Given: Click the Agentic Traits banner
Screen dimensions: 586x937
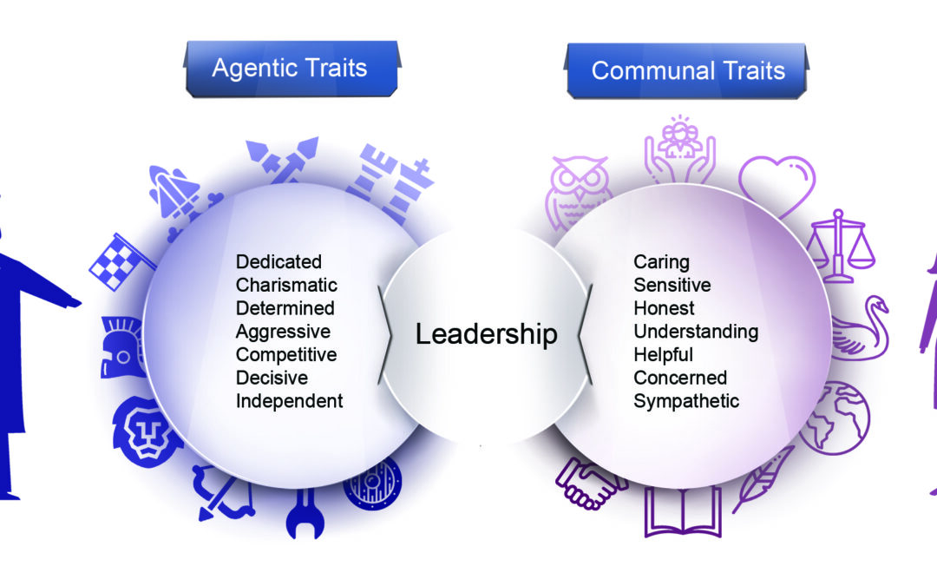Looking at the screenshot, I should [x=290, y=69].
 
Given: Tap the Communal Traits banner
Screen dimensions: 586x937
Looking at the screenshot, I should [x=687, y=70].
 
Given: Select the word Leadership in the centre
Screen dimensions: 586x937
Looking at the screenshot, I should [x=486, y=333].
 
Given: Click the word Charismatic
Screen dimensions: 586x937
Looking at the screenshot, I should [x=286, y=285].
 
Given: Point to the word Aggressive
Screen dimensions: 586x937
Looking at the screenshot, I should [x=283, y=332].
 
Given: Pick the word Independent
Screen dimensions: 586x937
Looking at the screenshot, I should [x=289, y=401].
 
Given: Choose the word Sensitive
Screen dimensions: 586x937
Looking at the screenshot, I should [x=672, y=285].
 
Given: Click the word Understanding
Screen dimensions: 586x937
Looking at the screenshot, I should [x=695, y=332].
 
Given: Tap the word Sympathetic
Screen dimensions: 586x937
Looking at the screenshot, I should [x=685, y=401].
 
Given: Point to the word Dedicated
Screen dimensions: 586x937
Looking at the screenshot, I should [x=278, y=261].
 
